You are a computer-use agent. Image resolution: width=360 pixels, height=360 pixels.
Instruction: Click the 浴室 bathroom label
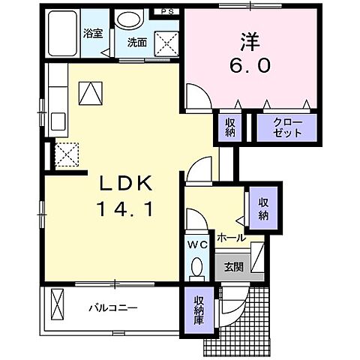click(92, 33)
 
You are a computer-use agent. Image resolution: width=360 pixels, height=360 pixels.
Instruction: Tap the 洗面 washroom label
click(136, 42)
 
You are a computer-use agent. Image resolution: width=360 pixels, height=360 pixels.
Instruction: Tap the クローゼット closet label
click(287, 127)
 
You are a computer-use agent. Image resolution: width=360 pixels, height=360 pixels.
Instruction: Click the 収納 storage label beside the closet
click(229, 127)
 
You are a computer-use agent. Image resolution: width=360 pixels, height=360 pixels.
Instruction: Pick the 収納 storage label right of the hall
click(263, 208)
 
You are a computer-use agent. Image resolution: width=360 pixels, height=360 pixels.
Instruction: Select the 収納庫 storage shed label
click(198, 310)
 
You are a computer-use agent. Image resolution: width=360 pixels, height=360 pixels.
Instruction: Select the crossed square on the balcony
click(58, 307)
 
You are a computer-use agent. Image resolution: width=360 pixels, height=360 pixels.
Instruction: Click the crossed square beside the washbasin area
click(165, 43)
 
